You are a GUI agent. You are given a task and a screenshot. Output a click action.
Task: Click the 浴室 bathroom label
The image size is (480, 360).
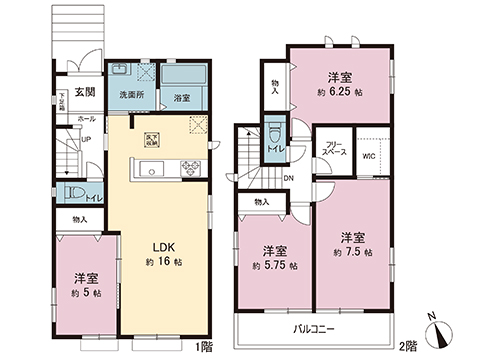pyautogui.click(x=182, y=98)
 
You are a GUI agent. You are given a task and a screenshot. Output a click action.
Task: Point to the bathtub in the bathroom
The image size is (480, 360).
pyautogui.click(x=182, y=76)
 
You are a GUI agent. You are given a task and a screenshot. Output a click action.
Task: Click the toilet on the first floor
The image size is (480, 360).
pyautogui.click(x=71, y=193)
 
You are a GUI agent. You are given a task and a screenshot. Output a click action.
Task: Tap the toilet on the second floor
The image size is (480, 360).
pyautogui.click(x=272, y=135)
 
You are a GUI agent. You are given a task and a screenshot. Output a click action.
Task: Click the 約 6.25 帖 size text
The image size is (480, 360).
pyautogui.click(x=338, y=92)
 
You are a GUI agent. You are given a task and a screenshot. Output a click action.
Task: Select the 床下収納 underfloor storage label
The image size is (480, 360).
pyautogui.click(x=151, y=140)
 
